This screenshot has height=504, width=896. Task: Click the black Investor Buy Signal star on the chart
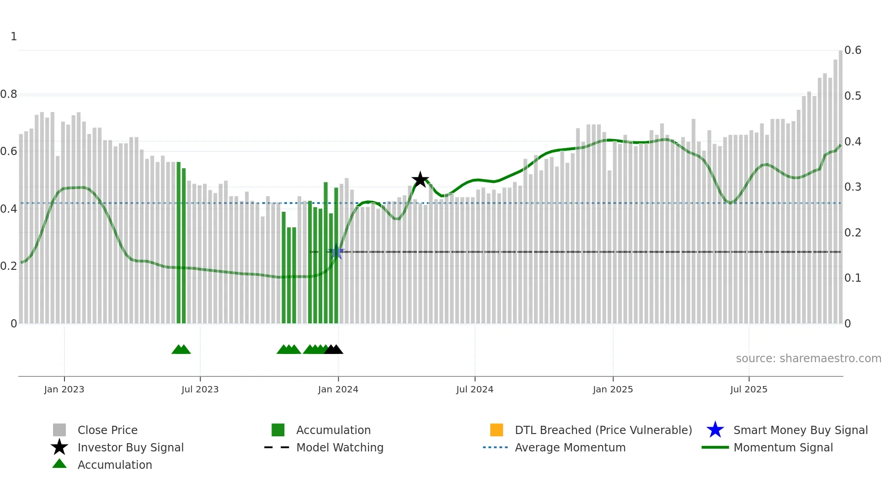[x=420, y=180]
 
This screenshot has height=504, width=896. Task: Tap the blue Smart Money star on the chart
[x=336, y=252]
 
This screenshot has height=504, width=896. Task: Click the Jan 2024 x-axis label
[x=338, y=389]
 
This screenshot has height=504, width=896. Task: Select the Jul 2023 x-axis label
[x=200, y=389]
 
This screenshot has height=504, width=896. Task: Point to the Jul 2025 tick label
[x=748, y=389]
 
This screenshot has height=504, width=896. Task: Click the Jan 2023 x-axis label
[x=64, y=389]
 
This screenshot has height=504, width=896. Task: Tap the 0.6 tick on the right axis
[x=853, y=50]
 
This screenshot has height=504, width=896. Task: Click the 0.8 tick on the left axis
[x=9, y=94]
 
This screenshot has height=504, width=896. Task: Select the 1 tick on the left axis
[x=14, y=37]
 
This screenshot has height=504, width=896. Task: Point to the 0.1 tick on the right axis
[x=853, y=278]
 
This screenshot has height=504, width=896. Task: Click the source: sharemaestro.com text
[x=808, y=359]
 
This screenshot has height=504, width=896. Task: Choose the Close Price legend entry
[x=107, y=430]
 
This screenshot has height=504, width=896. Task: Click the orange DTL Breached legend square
[x=496, y=430]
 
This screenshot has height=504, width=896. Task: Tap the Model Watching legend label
[x=340, y=447]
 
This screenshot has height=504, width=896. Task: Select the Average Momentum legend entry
[x=570, y=447]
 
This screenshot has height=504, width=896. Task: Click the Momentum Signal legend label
[x=783, y=447]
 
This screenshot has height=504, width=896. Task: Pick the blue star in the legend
[x=715, y=430]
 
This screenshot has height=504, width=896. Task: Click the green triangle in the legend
[x=59, y=464]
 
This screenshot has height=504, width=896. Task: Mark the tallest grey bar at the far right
[x=840, y=183]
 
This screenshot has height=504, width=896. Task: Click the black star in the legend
[x=59, y=447]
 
